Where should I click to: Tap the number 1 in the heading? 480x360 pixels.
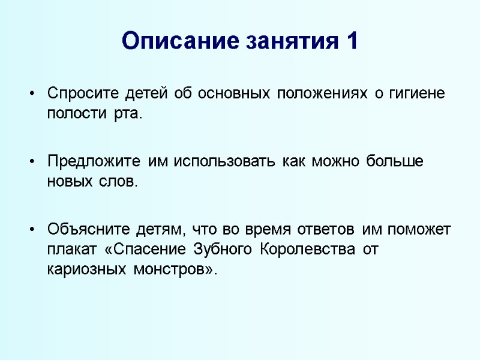(352, 41)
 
